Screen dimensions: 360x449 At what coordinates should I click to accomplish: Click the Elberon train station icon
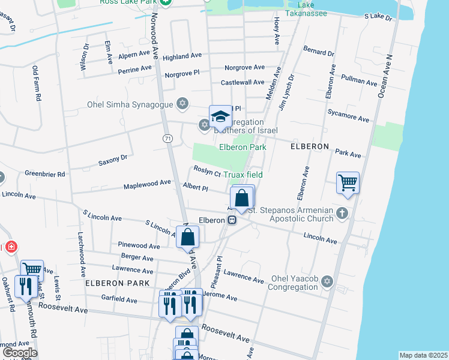(x=232, y=220)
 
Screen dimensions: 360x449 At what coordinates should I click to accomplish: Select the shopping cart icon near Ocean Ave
(x=348, y=182)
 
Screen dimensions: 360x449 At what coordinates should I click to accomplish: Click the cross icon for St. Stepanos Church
(x=342, y=213)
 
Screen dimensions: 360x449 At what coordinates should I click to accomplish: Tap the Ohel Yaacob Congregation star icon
(x=327, y=281)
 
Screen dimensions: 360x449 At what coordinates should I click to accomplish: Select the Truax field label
(x=243, y=175)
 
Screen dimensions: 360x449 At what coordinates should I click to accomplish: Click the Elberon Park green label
(x=243, y=146)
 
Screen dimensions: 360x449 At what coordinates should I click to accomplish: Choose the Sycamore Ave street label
(x=348, y=116)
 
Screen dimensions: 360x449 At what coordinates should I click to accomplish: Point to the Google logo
(x=20, y=352)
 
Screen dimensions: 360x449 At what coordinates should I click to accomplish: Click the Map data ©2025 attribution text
(x=423, y=355)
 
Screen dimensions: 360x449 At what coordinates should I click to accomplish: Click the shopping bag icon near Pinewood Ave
(x=188, y=236)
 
